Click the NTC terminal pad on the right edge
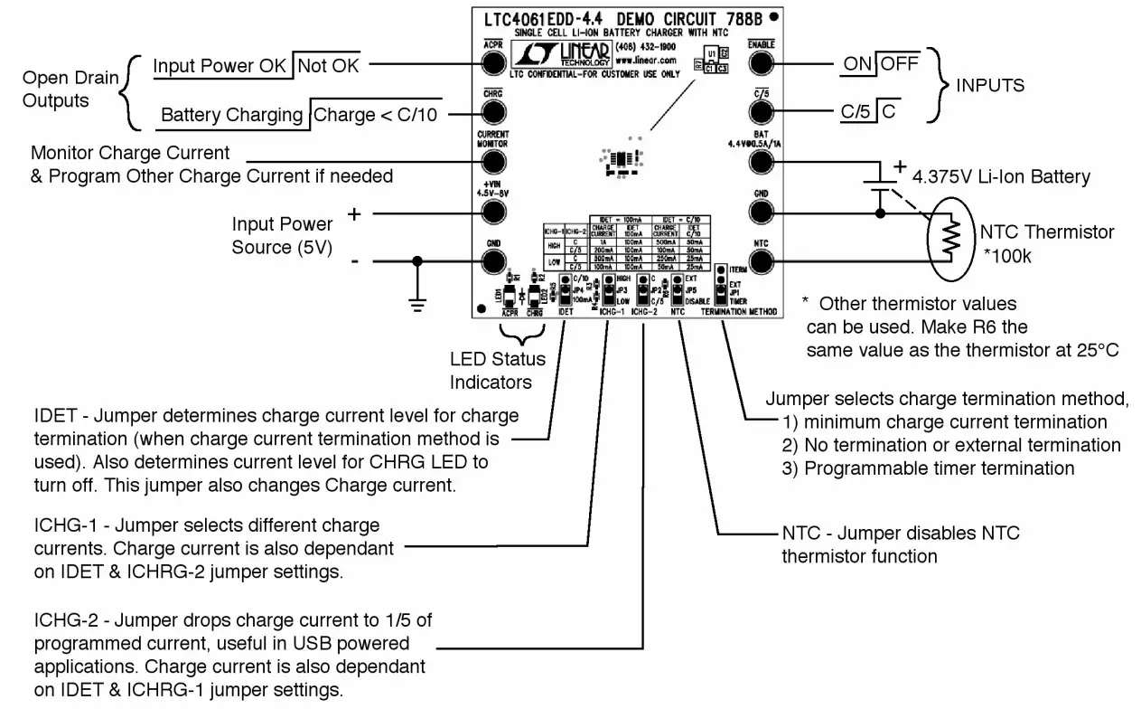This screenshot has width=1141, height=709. point(760,261)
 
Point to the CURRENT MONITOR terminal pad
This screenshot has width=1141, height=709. point(493,162)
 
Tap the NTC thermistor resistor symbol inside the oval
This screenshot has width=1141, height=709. point(950,238)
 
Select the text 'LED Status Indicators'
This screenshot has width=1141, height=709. point(491,371)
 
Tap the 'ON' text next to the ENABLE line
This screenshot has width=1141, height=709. point(858,64)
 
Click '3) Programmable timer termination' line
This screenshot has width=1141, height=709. point(928,468)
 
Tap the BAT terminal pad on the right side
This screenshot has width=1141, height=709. point(760,162)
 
